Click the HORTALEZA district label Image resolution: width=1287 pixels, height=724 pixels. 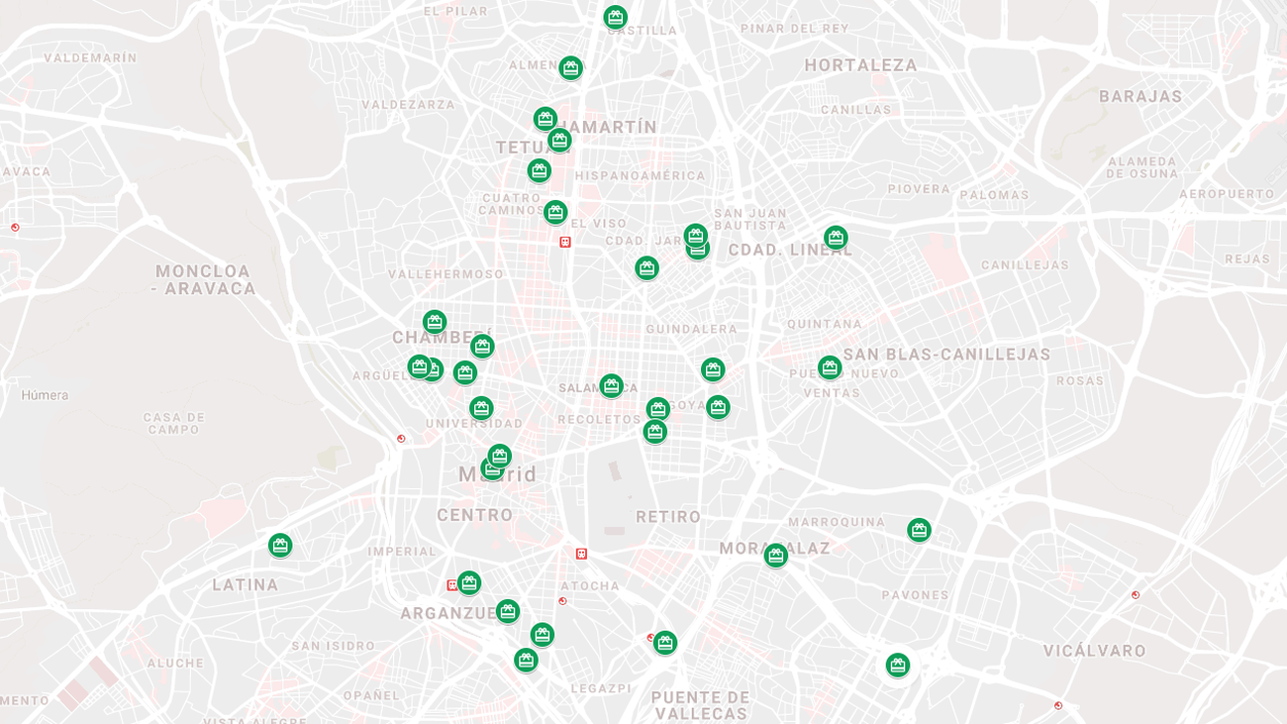point(860,65)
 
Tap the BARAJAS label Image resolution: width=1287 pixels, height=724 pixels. point(1140,96)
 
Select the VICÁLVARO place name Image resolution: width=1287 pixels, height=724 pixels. point(1094,651)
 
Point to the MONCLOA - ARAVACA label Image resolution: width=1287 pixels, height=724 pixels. point(203,279)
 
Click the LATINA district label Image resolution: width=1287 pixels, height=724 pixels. point(246,584)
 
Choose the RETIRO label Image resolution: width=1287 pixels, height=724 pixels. point(668,516)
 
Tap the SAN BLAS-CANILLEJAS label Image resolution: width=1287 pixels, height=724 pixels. point(946,355)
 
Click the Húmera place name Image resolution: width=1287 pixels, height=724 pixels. point(45,395)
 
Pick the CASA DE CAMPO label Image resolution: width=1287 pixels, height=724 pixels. point(174,423)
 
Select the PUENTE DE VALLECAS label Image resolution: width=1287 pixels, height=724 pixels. point(701,705)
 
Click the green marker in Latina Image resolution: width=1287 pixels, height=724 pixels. point(280,545)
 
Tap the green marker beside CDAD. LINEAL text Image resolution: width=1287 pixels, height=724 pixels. point(836,238)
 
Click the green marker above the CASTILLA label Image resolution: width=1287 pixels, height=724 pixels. point(615,17)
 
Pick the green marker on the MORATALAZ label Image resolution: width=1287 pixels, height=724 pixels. point(775,555)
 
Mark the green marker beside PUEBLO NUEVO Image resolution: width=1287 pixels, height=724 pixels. point(830,367)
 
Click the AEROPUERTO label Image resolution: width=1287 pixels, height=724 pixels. point(1226,194)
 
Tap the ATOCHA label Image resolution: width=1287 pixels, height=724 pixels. point(590,585)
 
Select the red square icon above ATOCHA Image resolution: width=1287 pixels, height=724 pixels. point(581,554)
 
